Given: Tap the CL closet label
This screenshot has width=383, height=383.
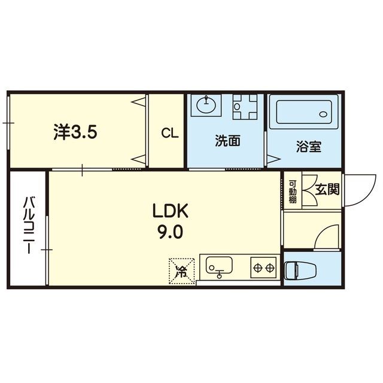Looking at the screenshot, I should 169,134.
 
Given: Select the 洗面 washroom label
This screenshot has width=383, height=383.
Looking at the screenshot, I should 228,141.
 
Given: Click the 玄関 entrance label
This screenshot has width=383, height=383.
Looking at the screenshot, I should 327,190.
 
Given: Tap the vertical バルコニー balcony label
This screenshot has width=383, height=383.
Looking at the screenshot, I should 28,225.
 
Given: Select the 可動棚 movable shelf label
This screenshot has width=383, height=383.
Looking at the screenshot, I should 293,191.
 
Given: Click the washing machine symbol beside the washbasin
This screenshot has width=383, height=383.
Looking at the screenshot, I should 244,107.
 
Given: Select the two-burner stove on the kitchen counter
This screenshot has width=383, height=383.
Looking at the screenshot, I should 263,265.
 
